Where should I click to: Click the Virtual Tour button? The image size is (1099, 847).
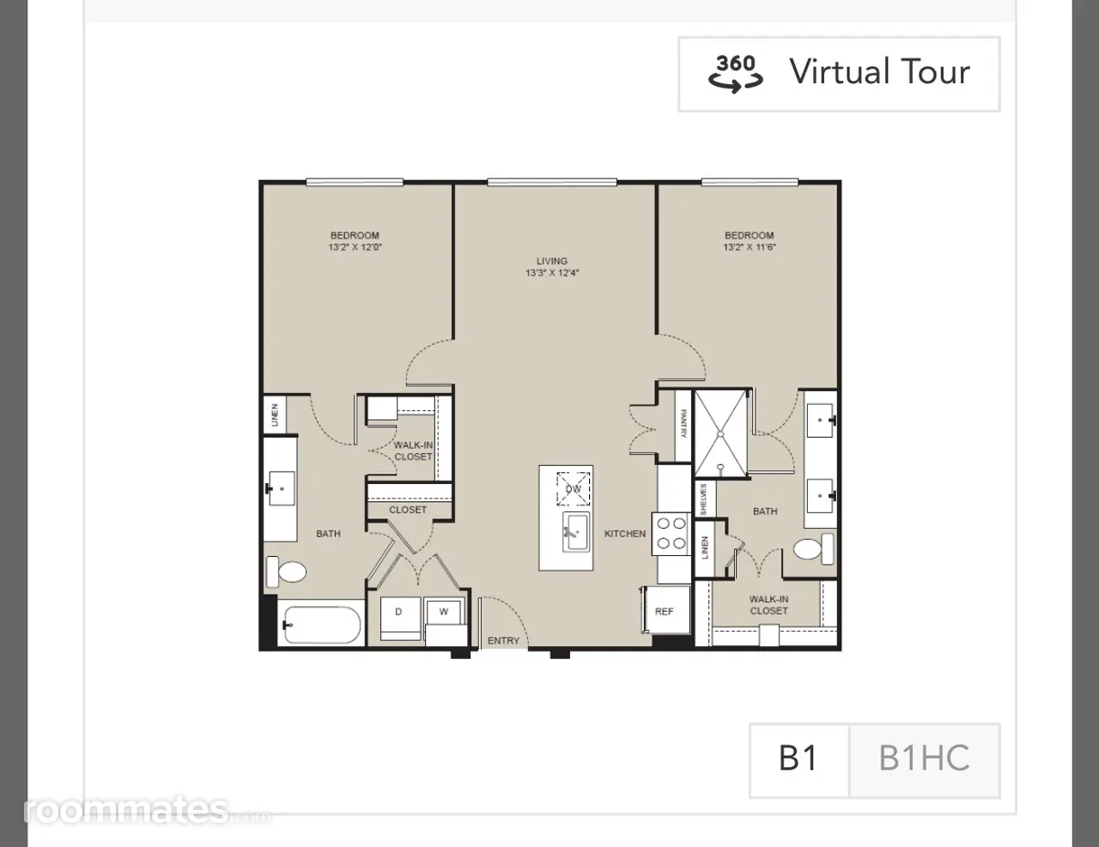click(839, 74)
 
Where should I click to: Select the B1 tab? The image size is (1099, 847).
click(799, 760)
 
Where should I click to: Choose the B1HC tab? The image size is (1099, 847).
click(925, 760)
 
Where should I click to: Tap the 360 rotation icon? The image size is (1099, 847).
click(736, 74)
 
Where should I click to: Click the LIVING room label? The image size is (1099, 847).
click(552, 261)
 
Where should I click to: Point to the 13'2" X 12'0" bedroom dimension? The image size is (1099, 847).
click(355, 247)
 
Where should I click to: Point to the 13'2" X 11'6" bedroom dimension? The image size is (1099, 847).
click(749, 247)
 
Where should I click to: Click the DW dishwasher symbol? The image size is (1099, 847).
click(573, 488)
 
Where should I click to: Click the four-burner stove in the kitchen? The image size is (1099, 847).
click(671, 534)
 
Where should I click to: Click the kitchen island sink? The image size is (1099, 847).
click(576, 533)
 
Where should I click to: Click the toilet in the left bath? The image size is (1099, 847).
click(286, 572)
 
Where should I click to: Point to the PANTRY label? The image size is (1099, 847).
click(683, 424)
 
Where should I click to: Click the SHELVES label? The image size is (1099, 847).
click(703, 499)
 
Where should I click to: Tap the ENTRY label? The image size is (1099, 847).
click(503, 640)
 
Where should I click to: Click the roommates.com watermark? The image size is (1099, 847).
click(147, 810)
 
